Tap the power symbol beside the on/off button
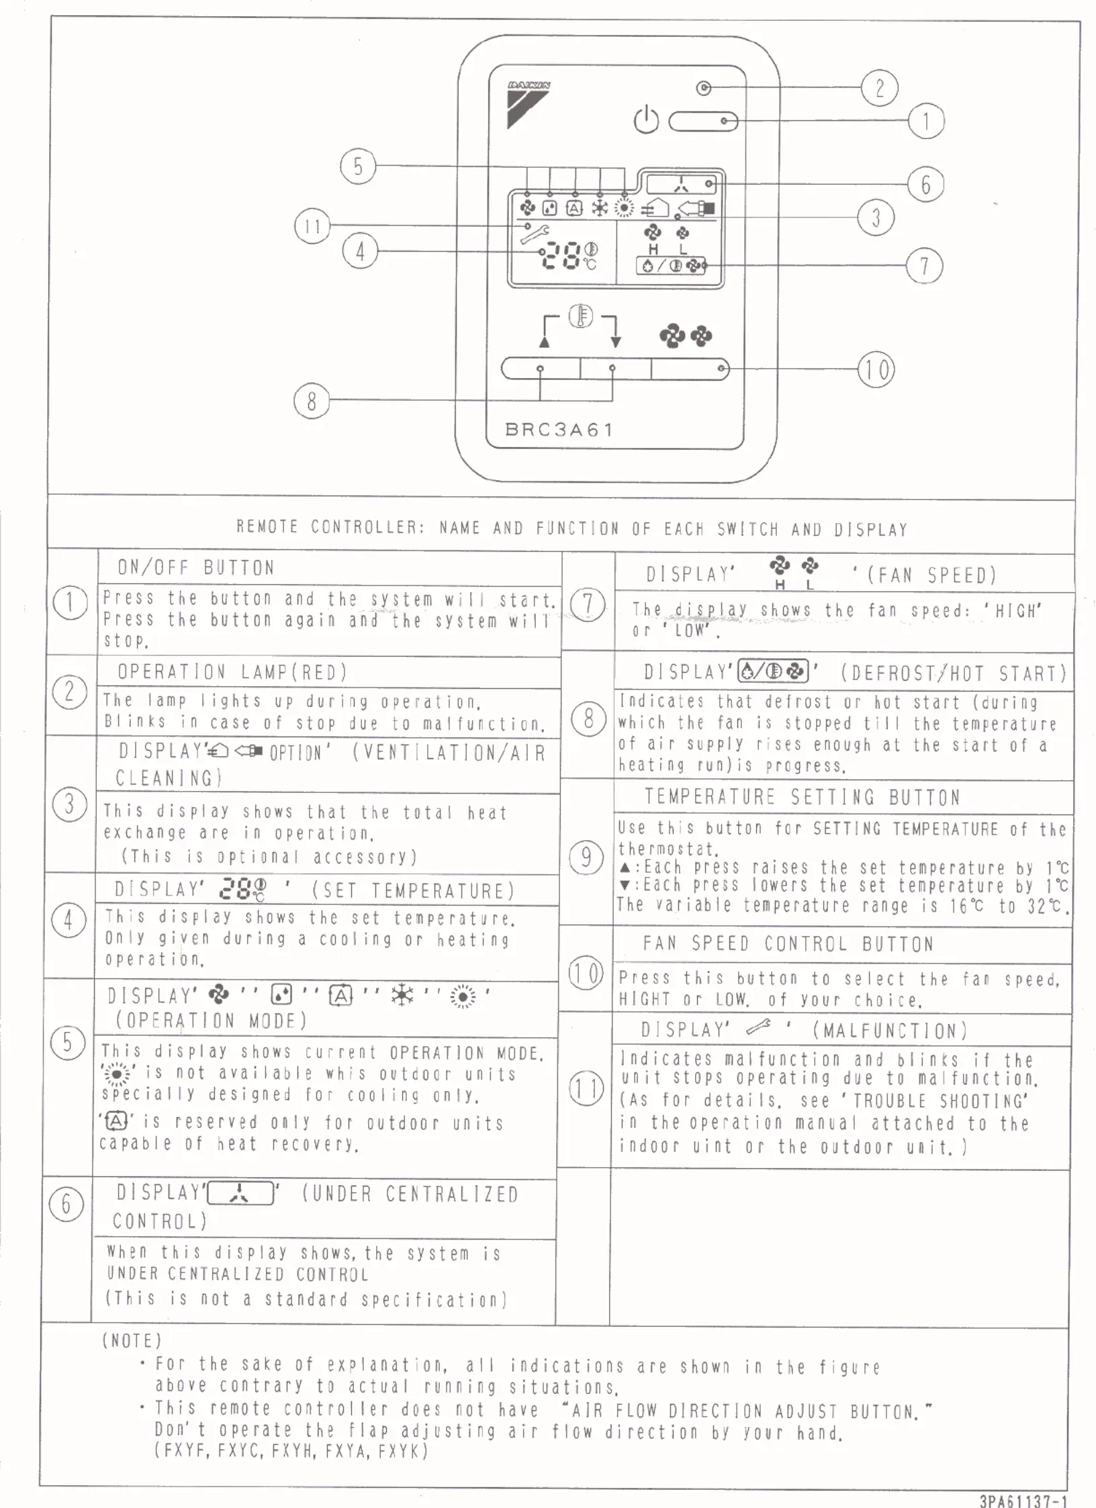[x=646, y=120]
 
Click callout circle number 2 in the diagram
[x=879, y=88]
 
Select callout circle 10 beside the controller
[x=876, y=369]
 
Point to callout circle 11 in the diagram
[x=312, y=226]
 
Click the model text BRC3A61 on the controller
[x=559, y=430]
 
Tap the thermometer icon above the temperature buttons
[x=581, y=317]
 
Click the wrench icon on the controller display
[x=535, y=232]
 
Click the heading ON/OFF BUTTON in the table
[x=196, y=568]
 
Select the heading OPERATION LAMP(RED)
[x=232, y=672]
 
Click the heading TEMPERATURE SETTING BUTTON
[x=802, y=797]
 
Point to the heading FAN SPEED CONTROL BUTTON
[x=788, y=944]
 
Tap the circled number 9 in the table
[x=586, y=857]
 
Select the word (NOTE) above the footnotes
[x=132, y=1341]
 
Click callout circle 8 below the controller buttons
[x=311, y=402]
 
